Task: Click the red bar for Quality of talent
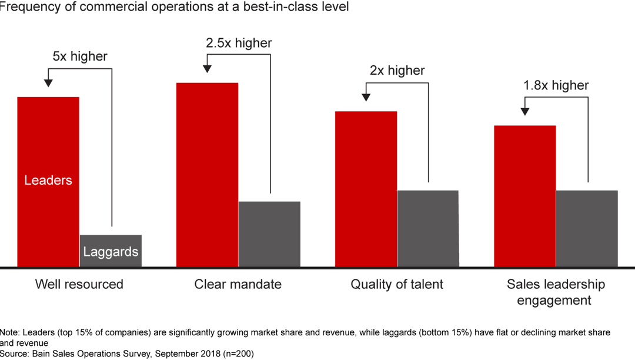(x=366, y=189)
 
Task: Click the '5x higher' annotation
(x=81, y=56)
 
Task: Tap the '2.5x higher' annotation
(x=239, y=43)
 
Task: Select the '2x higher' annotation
(x=397, y=71)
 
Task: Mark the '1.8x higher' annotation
(x=556, y=85)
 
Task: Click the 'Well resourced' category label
(x=79, y=285)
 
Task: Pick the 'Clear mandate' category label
(x=238, y=285)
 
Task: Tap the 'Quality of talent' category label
(x=397, y=285)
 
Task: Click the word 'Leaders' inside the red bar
(x=48, y=181)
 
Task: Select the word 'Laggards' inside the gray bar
(x=111, y=252)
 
